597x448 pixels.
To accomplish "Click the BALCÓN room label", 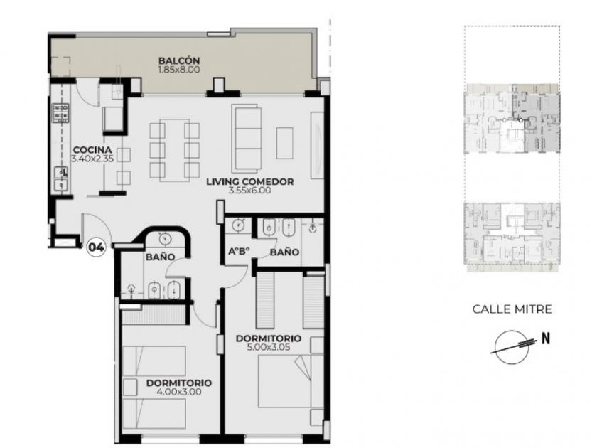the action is [179, 60].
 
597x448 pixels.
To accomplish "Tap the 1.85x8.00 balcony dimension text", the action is [179, 70].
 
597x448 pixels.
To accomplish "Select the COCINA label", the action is [92, 150].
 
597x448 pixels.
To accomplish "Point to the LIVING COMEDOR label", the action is [249, 182].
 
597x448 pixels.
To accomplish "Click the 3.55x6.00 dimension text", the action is [249, 191].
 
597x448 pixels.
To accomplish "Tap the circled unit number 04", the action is [96, 247].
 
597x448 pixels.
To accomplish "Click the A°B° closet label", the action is [239, 252].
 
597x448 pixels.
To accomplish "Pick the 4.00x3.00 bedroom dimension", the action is [179, 392].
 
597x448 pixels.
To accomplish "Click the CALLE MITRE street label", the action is [512, 309].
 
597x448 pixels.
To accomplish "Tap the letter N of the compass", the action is [546, 338].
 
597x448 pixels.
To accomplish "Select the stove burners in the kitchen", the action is [60, 113].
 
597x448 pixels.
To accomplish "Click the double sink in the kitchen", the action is [60, 178].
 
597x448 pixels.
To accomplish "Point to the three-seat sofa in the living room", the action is [247, 138].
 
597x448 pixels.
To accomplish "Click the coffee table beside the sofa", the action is [284, 143].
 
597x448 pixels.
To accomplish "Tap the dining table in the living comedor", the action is [174, 150].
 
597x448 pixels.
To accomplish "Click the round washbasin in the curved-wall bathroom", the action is [165, 239].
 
